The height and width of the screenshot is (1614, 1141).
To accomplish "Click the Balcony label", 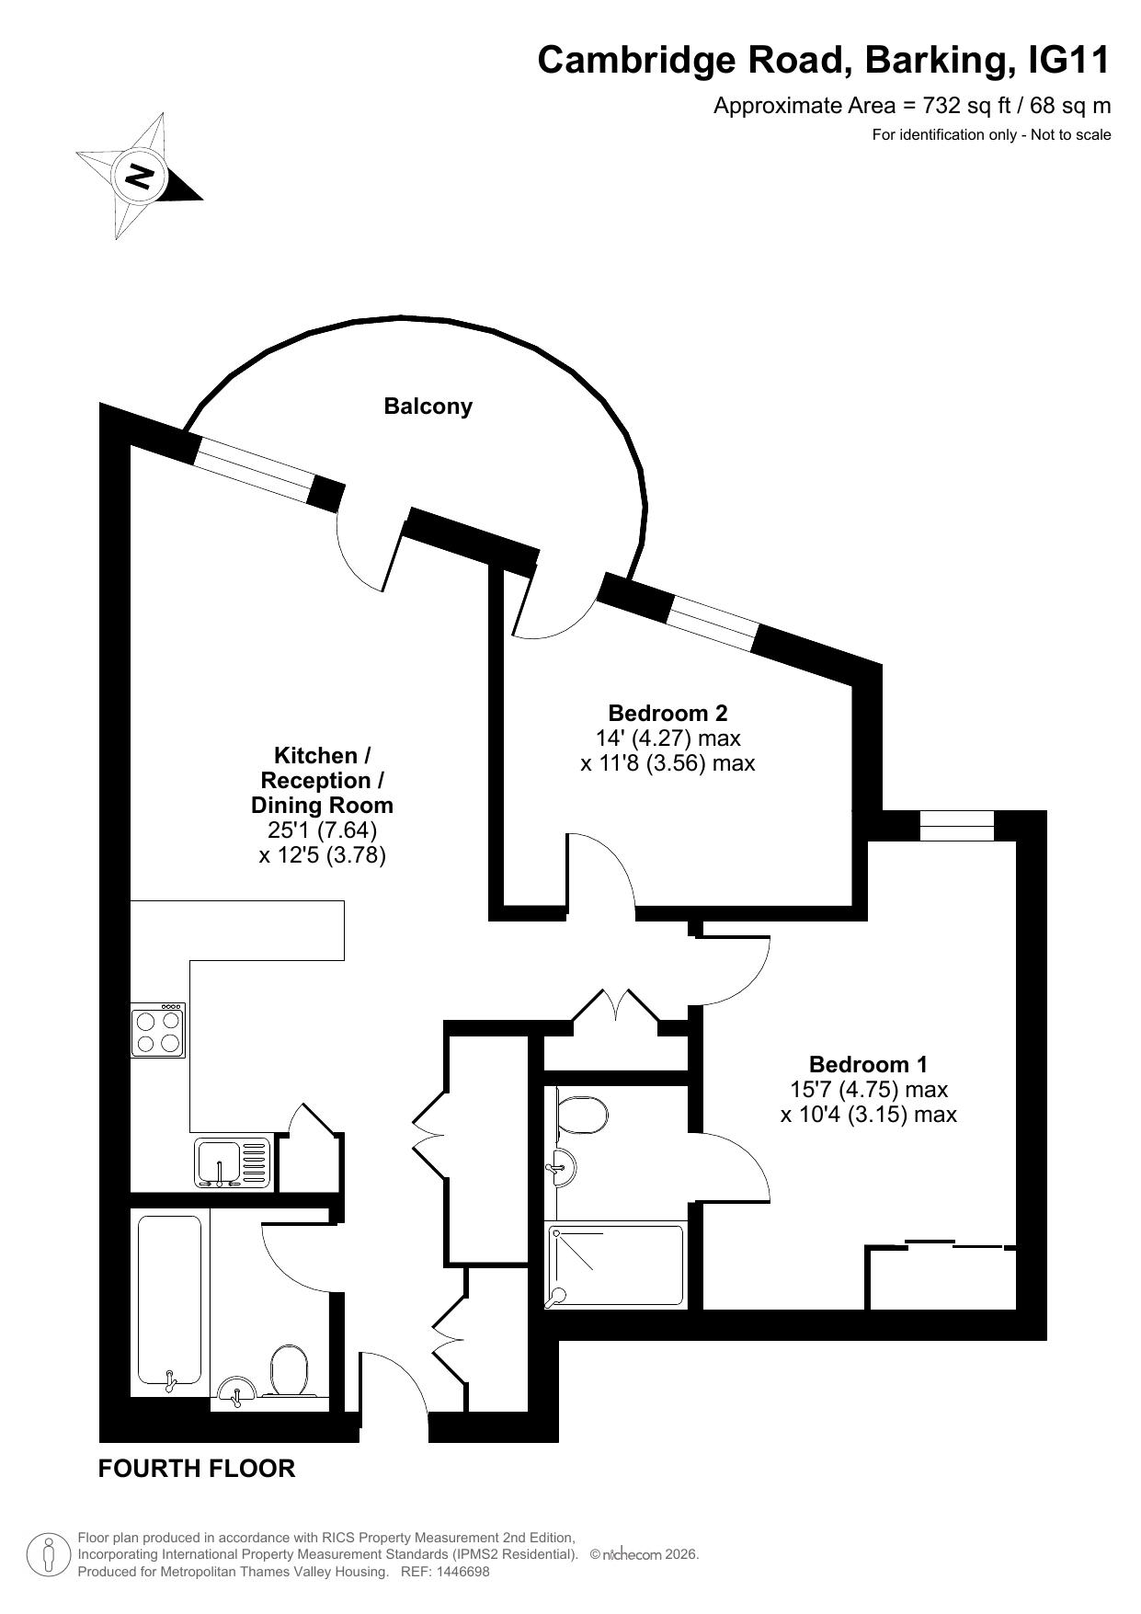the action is point(428,406).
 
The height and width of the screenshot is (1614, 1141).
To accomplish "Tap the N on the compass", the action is point(140,175).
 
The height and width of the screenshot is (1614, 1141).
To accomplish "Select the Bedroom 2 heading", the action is point(667,713).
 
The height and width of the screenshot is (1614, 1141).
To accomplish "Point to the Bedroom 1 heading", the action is point(869,1064).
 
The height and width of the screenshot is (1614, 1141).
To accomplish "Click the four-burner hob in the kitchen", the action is point(158,1030).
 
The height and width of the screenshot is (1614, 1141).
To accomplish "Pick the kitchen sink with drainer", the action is point(234,1162).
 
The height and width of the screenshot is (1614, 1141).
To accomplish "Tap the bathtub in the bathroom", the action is point(169,1300).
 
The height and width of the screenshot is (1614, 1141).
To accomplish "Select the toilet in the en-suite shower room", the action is point(582,1115).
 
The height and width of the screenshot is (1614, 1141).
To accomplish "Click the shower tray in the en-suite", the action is point(616,1265).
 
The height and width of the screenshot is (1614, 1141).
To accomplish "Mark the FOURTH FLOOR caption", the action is point(197,1469).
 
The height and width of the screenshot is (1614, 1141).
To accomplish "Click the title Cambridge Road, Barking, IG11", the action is point(824,60).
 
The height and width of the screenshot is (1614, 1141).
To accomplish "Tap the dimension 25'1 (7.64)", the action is point(322,830).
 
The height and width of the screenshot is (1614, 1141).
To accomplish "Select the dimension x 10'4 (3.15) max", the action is point(869,1115).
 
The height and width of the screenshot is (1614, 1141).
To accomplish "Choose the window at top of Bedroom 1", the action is point(957,826).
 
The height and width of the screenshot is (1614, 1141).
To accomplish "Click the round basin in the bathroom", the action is point(237,1391).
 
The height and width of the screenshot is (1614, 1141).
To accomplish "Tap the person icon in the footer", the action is point(49,1554).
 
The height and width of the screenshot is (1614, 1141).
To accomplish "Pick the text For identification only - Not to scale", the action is point(991,135).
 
